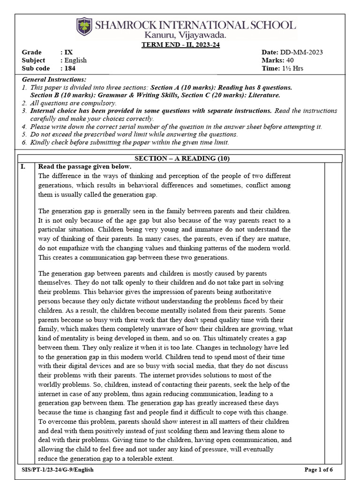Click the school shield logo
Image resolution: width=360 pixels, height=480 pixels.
click(x=85, y=27)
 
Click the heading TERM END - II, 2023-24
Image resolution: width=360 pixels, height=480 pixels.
click(x=181, y=45)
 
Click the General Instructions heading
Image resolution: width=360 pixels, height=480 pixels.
click(x=54, y=80)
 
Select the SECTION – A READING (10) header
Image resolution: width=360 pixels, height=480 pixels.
click(x=182, y=158)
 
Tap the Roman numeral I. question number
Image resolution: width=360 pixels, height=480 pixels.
click(x=23, y=167)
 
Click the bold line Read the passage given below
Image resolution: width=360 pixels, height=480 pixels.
click(x=85, y=167)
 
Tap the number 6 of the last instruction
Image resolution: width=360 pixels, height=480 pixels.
click(x=24, y=143)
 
